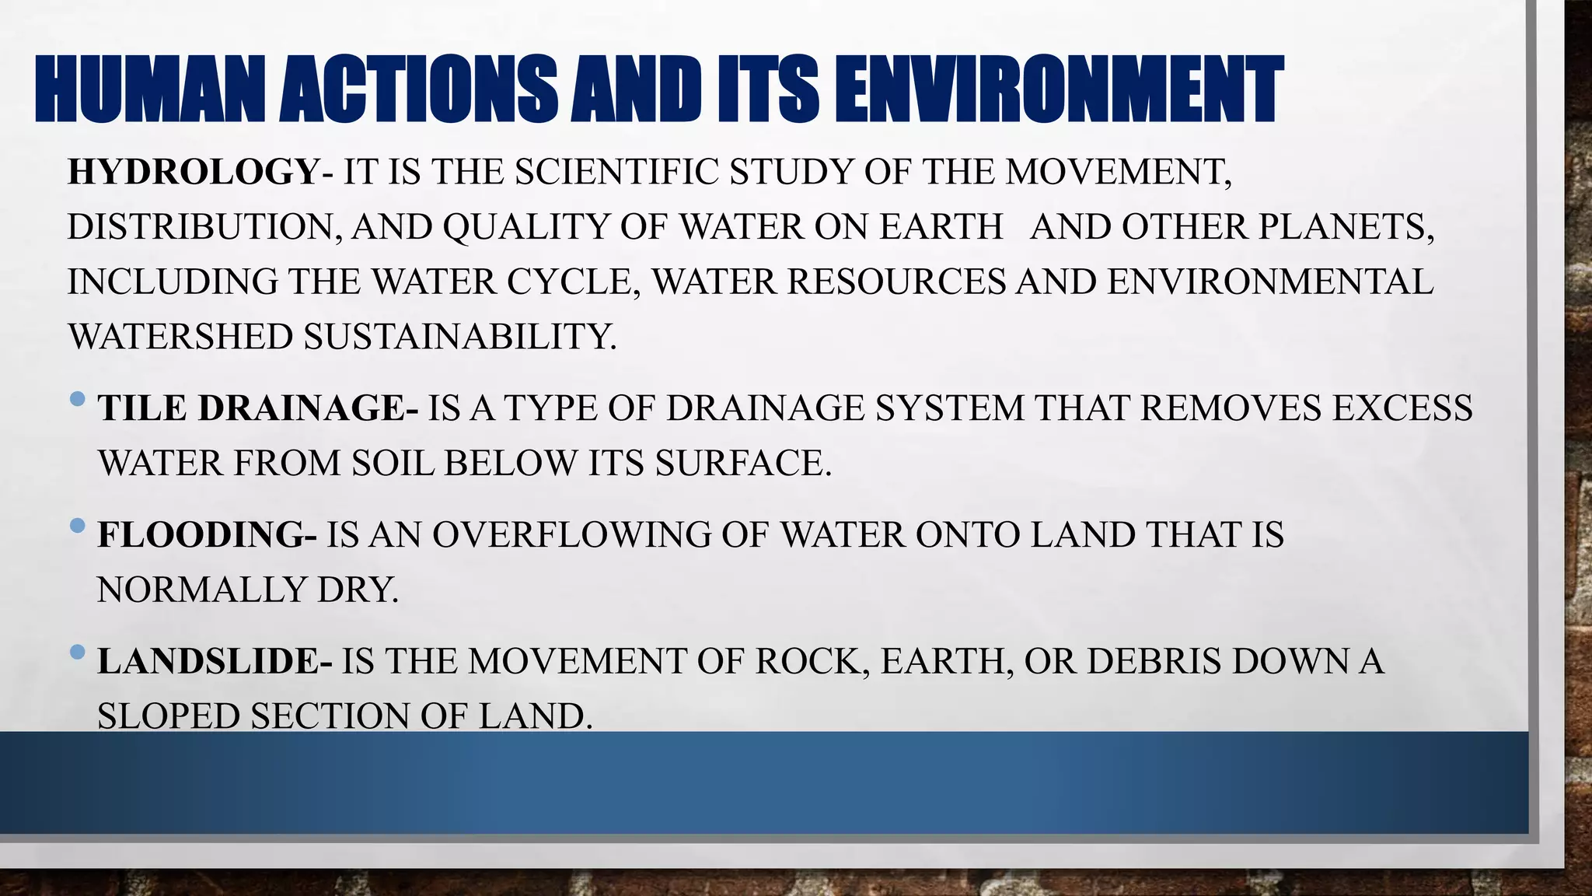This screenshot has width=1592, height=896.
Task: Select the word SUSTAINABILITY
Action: [459, 338]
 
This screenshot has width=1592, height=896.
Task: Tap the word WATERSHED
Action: [180, 338]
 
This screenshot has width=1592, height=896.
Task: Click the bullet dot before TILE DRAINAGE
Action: [77, 400]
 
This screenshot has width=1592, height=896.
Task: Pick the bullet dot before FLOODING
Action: [77, 527]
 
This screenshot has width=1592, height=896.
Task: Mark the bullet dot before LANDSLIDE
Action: [77, 653]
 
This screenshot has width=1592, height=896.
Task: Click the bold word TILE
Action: [142, 408]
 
